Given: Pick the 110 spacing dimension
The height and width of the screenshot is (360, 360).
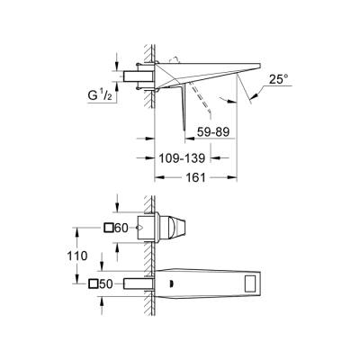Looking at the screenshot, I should click(x=78, y=256).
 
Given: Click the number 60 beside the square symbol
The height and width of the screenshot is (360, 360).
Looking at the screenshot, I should click(x=122, y=229).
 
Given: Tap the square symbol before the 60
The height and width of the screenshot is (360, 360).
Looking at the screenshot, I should click(x=109, y=229).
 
